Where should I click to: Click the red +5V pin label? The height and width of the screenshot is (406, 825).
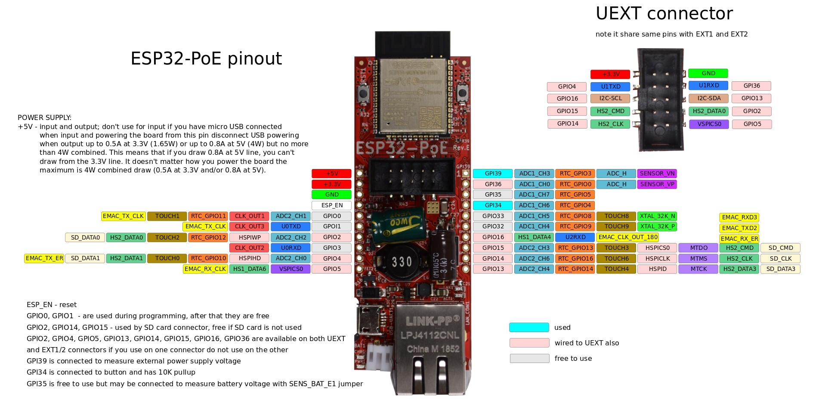[331, 173]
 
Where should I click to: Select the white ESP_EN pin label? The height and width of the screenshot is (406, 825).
[331, 205]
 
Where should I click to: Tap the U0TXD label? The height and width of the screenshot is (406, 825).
[290, 226]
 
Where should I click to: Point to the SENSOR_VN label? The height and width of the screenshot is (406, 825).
[657, 173]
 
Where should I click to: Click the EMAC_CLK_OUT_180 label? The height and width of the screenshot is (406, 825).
[627, 237]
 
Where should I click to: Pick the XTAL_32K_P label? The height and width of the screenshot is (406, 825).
[657, 226]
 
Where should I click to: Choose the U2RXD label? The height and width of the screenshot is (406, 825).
[575, 237]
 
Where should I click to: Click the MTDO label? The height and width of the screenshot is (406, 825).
[698, 248]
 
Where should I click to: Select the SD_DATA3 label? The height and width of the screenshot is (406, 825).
[780, 269]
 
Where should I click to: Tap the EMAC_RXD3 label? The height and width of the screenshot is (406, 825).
[739, 217]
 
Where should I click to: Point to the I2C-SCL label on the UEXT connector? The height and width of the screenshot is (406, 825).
[610, 98]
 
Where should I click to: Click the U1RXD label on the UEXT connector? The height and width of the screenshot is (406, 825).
[708, 85]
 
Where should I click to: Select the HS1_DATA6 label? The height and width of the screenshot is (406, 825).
[250, 269]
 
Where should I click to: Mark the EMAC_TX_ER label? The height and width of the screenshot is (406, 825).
[44, 258]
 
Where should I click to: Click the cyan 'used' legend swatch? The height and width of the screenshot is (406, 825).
[529, 327]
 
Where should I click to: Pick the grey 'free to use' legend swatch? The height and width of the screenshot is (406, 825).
[529, 358]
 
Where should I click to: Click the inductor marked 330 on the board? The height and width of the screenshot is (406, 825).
[402, 261]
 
